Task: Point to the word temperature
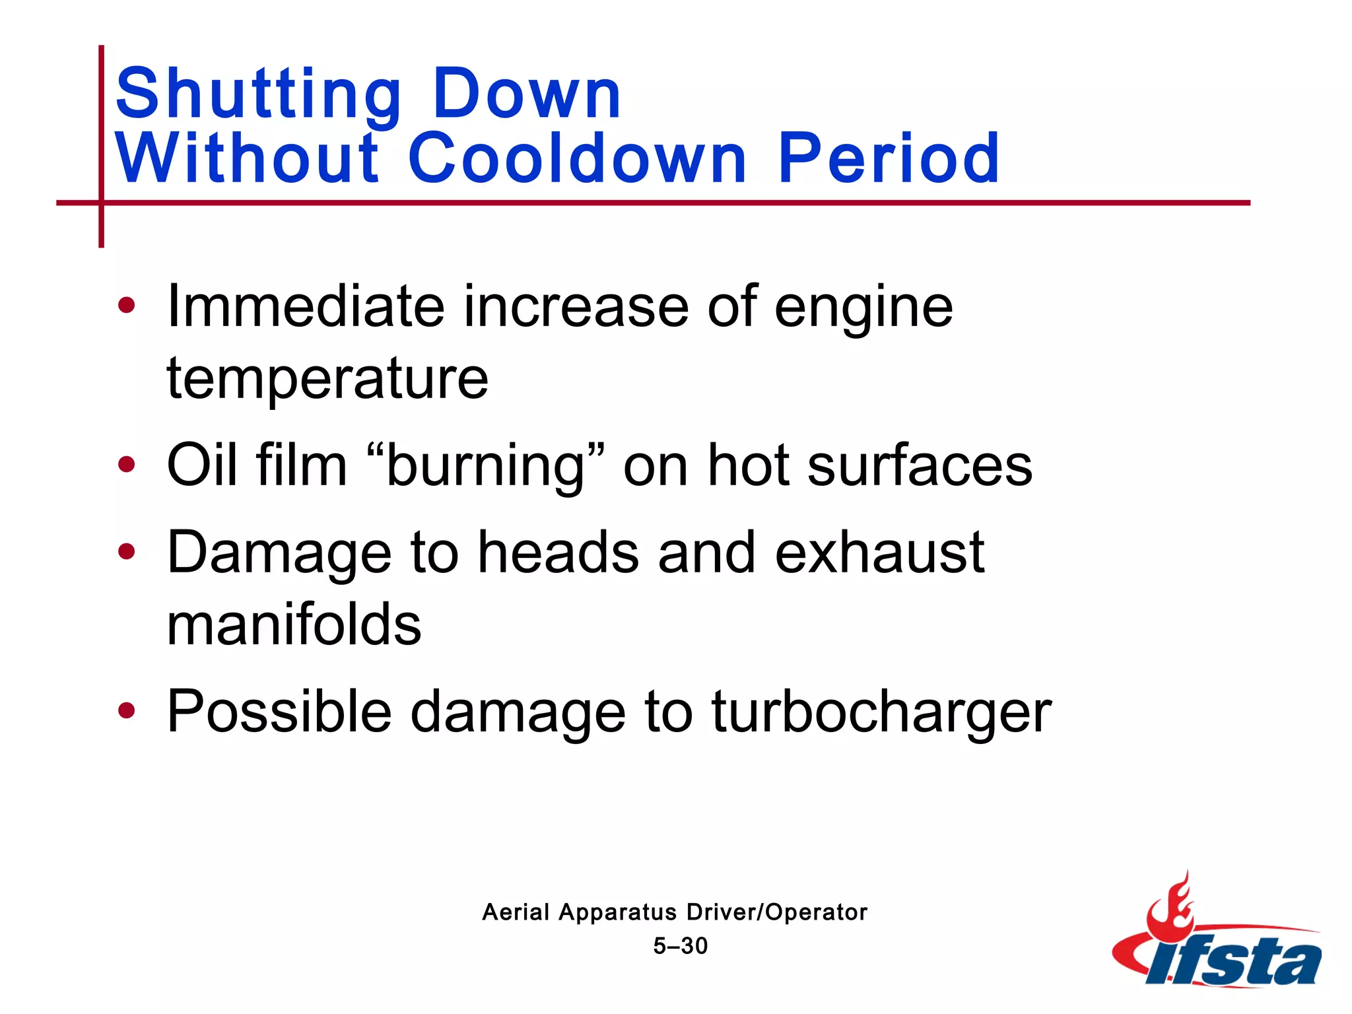click(x=327, y=379)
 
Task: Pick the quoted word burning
click(x=485, y=466)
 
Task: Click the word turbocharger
click(x=881, y=712)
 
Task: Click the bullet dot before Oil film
click(x=126, y=465)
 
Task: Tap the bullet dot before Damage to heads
click(x=126, y=551)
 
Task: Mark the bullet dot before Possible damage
click(x=126, y=711)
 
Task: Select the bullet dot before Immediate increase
click(x=126, y=306)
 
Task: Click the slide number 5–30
click(x=680, y=946)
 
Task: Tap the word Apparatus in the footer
click(x=618, y=912)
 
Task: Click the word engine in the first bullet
click(x=863, y=308)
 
